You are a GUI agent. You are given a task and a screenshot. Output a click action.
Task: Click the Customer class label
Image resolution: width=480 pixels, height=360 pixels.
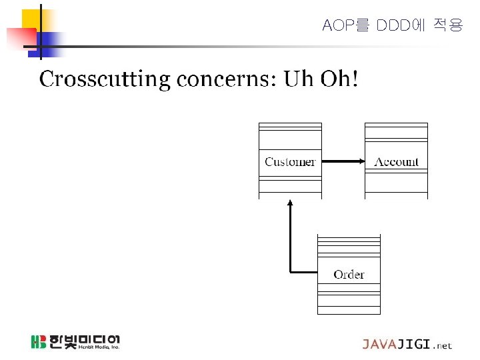pyautogui.click(x=290, y=162)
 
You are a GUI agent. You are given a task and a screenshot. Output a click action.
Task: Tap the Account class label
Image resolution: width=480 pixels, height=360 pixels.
pyautogui.click(x=396, y=162)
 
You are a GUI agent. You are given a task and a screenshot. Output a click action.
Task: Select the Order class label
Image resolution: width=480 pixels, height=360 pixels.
pyautogui.click(x=349, y=275)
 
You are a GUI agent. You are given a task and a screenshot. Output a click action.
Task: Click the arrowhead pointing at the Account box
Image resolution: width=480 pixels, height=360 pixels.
pyautogui.click(x=360, y=161)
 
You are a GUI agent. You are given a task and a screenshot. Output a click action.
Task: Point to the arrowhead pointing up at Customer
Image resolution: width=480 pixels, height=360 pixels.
pyautogui.click(x=290, y=203)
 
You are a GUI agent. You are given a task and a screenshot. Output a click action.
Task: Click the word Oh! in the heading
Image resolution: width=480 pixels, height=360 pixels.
pyautogui.click(x=339, y=79)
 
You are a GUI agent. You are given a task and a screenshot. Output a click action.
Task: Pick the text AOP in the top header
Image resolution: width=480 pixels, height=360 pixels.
pyautogui.click(x=336, y=26)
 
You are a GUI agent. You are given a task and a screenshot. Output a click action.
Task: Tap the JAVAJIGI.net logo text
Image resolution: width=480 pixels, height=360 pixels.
pyautogui.click(x=407, y=345)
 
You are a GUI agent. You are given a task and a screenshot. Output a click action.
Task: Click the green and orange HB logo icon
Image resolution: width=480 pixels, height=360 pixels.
pyautogui.click(x=38, y=342)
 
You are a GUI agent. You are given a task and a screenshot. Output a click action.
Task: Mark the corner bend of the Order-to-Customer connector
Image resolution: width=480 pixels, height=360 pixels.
pyautogui.click(x=290, y=271)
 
